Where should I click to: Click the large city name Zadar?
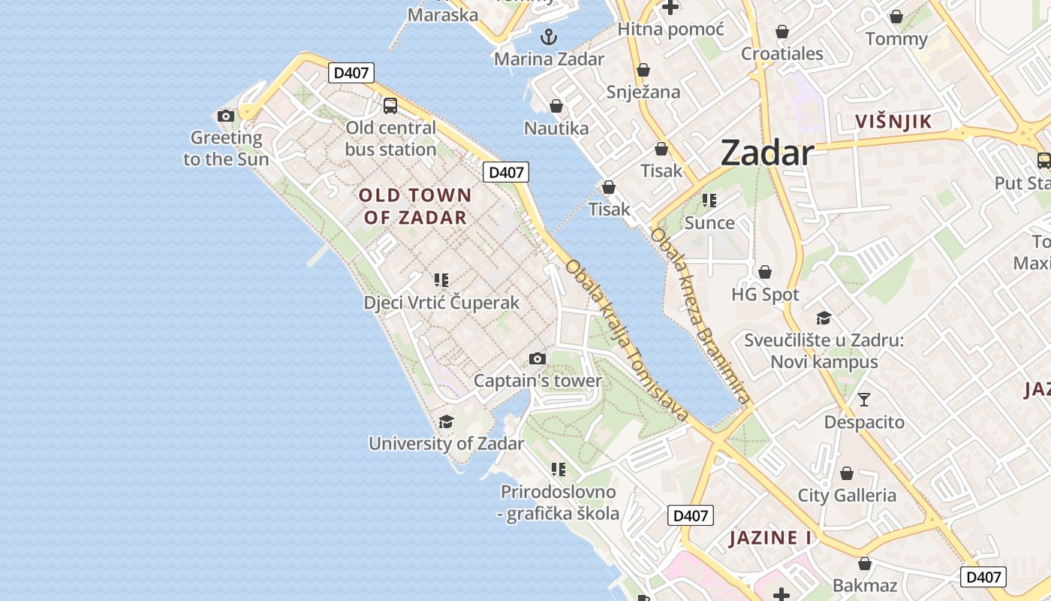(766, 154)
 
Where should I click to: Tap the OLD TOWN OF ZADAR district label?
(415, 207)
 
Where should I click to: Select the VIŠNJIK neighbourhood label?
(893, 122)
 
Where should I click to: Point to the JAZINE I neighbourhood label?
(770, 538)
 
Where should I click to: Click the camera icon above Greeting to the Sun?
(225, 116)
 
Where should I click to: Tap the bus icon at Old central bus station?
(390, 106)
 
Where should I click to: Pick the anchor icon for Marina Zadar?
(549, 36)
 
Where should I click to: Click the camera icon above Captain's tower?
(537, 358)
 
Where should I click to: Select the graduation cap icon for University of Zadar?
(446, 421)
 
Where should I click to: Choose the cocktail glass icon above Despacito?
(864, 400)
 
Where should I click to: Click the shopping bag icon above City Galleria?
(847, 473)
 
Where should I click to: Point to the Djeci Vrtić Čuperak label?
(441, 303)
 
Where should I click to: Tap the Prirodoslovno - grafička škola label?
(559, 503)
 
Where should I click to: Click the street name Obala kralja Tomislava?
(627, 340)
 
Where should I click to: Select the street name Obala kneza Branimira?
(700, 316)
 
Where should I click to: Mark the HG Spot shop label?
(765, 294)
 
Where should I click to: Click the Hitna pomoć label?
(670, 29)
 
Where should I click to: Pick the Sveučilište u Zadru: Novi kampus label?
(824, 351)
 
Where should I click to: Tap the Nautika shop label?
(556, 128)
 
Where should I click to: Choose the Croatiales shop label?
(782, 54)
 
